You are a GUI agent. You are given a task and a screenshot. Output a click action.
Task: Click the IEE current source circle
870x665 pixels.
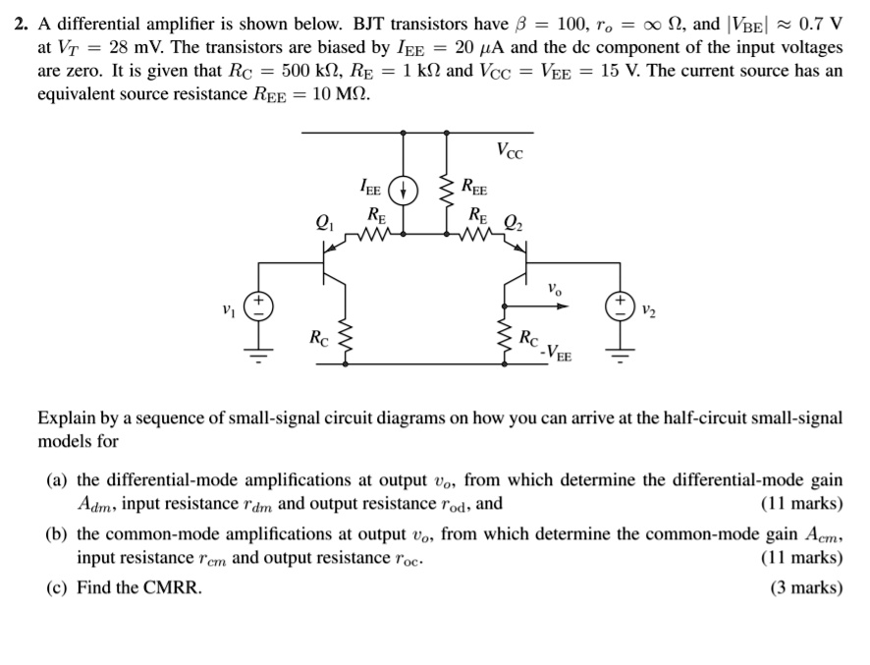click(404, 190)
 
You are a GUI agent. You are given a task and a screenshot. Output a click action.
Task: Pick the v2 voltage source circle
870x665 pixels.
click(620, 304)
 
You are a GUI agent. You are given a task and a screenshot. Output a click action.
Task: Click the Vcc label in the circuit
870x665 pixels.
click(510, 152)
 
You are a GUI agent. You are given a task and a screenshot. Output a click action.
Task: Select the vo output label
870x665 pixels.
click(554, 290)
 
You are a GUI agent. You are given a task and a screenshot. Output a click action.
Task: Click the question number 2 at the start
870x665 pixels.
click(20, 24)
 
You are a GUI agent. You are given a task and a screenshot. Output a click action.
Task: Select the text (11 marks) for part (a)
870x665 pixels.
click(801, 504)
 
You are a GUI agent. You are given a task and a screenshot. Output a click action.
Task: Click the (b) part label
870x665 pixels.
click(57, 534)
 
